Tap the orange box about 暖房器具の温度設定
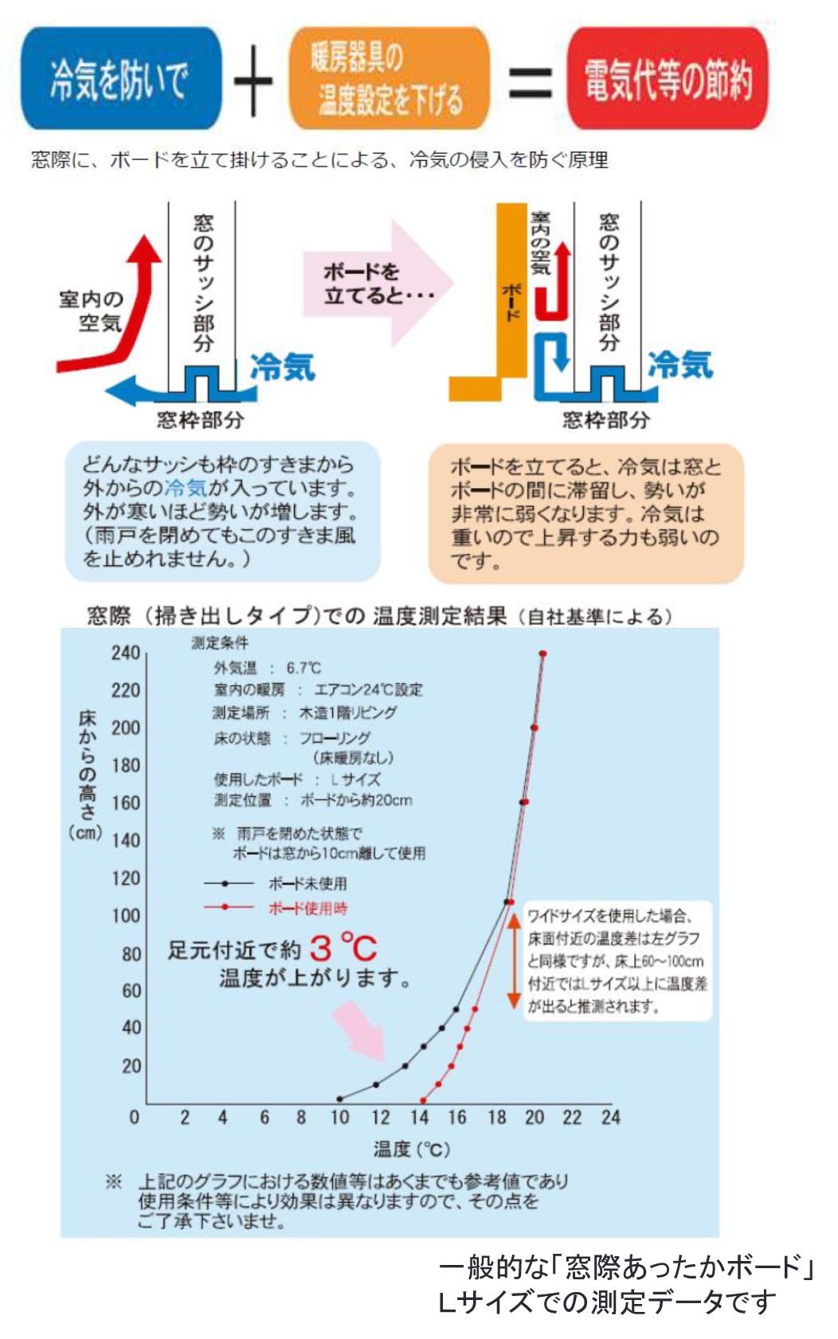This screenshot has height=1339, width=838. coord(389,79)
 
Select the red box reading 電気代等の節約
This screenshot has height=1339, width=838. coord(668,79)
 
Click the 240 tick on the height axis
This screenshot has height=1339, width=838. coord(125,653)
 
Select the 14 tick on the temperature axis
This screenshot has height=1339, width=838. coord(419,1117)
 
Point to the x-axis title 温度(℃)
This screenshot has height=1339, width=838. coord(411,1149)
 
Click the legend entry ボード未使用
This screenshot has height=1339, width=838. coord(307,884)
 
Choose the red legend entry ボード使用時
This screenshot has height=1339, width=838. coord(307,908)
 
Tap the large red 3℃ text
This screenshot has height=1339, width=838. coord(343,947)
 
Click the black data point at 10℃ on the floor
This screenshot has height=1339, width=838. coord(340,1099)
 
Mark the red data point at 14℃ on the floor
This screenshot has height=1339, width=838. coord(423,1101)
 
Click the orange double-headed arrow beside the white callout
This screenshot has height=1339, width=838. coord(514,960)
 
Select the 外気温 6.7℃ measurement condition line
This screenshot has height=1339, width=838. coord(267,668)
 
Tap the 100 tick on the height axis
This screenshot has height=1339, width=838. coord(125,915)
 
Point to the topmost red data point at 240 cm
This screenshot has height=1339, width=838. coord(542,654)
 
